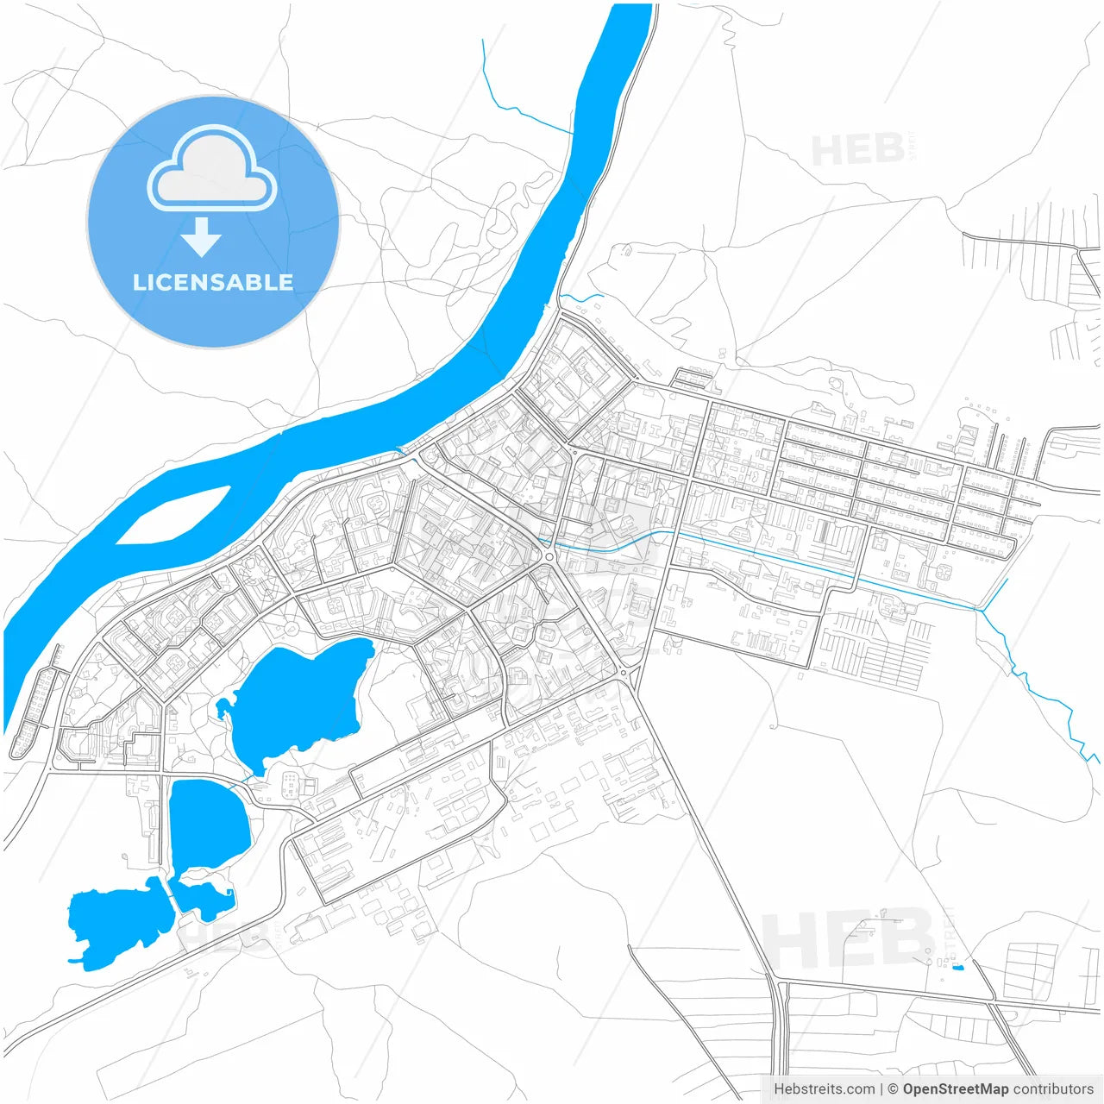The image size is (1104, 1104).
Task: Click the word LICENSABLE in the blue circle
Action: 212,283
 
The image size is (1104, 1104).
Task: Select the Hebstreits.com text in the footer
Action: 824,1088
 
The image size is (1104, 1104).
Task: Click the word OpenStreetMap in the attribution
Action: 955,1088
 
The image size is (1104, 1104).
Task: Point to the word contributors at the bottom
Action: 1052,1088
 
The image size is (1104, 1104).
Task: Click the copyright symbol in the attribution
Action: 893,1088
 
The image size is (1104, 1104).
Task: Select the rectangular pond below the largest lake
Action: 209,824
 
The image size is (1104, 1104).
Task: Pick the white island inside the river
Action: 172,516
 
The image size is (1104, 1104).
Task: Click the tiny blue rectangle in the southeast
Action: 957,967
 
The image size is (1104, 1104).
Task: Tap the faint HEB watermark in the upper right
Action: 858,150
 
